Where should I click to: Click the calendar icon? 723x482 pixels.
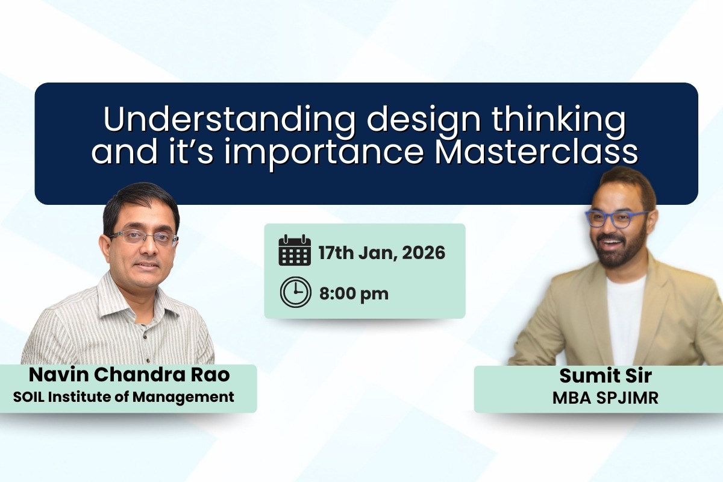pyautogui.click(x=295, y=251)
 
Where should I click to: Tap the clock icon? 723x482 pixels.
pyautogui.click(x=295, y=293)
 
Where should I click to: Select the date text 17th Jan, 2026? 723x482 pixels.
pyautogui.click(x=381, y=252)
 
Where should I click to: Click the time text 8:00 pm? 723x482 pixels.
pyautogui.click(x=354, y=294)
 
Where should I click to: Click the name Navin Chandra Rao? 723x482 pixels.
pyautogui.click(x=130, y=375)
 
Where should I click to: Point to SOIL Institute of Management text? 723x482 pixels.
pyautogui.click(x=124, y=396)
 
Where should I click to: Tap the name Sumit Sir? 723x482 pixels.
pyautogui.click(x=597, y=375)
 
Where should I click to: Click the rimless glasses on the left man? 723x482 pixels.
pyautogui.click(x=143, y=237)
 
